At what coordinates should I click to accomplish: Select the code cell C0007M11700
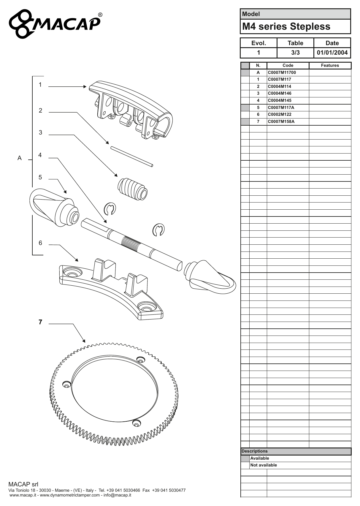[x=282, y=72]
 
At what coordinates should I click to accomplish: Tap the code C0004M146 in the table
[x=280, y=93]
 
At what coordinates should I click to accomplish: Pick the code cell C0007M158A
[x=281, y=121]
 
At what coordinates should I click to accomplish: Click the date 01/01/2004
[x=332, y=53]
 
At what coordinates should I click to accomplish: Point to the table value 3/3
[x=295, y=53]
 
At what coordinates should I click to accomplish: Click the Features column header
[x=330, y=66]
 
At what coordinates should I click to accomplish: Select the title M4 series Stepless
[x=286, y=26]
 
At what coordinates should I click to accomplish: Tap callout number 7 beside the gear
[x=40, y=322]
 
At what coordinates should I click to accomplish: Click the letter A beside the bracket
[x=20, y=158]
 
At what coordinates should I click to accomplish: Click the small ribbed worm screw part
[x=132, y=189]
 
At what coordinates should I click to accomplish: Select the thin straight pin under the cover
[x=131, y=156]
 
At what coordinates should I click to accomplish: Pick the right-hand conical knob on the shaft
[x=210, y=277]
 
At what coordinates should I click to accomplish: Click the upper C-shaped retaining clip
[x=110, y=209]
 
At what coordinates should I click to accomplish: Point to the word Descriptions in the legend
[x=255, y=451]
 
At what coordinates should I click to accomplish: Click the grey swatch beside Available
[x=245, y=458]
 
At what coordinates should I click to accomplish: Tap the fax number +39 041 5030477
[x=169, y=490]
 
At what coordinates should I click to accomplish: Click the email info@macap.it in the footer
[x=117, y=495]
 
